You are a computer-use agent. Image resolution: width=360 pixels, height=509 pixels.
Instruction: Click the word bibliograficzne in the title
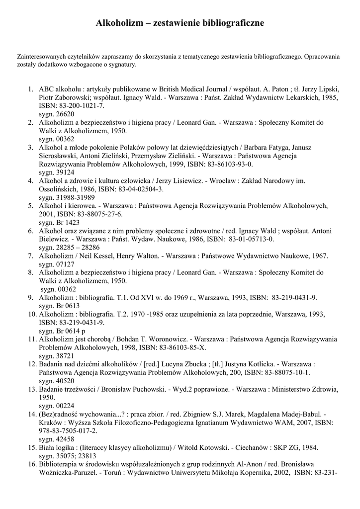[233, 23]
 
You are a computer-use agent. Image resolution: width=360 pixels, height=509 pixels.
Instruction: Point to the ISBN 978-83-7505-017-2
[68, 431]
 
